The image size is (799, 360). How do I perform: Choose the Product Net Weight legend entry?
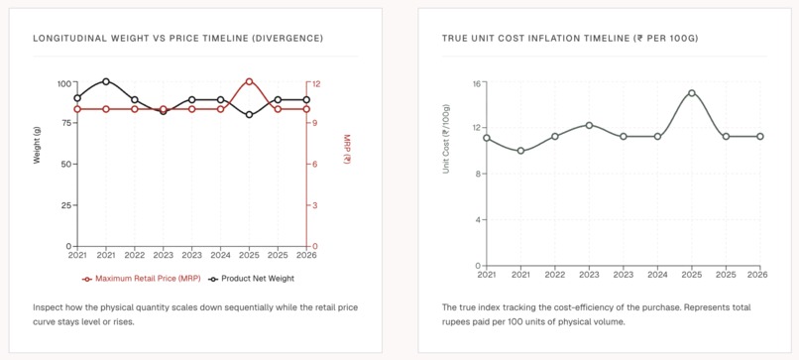click(x=251, y=279)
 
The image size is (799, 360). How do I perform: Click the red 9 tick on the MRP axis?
click(x=315, y=123)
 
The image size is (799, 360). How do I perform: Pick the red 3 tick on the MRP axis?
click(x=315, y=205)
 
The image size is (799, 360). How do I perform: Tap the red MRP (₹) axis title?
click(x=347, y=149)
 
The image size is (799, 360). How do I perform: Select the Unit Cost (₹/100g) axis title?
click(x=446, y=139)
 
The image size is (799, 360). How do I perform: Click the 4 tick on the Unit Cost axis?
click(x=480, y=220)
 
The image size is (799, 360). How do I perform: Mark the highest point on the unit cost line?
click(x=692, y=93)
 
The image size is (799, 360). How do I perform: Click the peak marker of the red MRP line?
click(x=249, y=81)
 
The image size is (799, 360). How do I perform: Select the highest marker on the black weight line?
click(x=105, y=81)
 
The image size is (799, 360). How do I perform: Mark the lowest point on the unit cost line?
click(x=520, y=151)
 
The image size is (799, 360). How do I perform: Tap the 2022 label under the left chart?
click(x=135, y=255)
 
